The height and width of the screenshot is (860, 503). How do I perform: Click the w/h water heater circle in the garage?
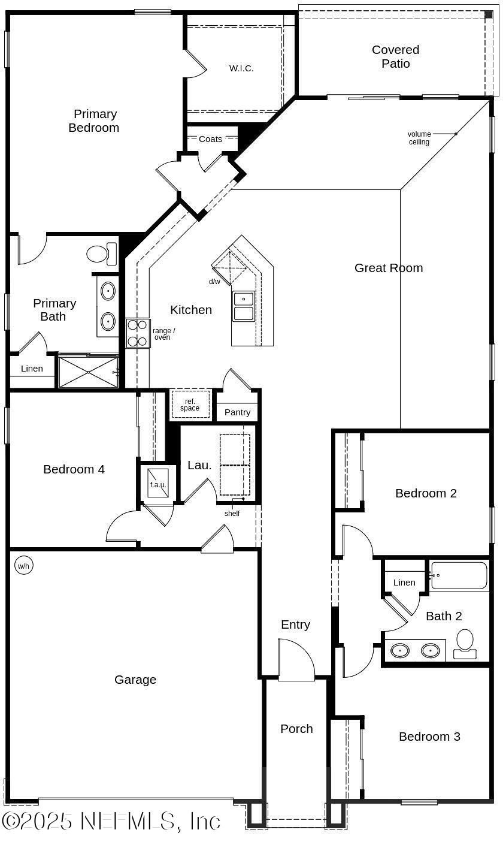[x=23, y=566]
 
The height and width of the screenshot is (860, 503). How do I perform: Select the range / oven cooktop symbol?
[x=138, y=333]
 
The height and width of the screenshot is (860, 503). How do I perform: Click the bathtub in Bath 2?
[x=459, y=575]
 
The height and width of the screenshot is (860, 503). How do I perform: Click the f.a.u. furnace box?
[x=158, y=484]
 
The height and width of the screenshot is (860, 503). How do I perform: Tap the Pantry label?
[x=237, y=412]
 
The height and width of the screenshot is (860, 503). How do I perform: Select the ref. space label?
[x=190, y=405]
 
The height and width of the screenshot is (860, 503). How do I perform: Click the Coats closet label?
[x=210, y=139]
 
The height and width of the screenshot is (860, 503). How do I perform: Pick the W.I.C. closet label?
[x=241, y=68]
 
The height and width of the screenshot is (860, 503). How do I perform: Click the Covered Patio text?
[x=395, y=56]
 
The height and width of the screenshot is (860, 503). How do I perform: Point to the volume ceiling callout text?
[x=419, y=138]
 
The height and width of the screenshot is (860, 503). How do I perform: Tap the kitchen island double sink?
[x=243, y=306]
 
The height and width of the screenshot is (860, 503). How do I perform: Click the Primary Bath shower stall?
[x=88, y=372]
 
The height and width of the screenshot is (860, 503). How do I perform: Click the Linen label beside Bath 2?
[x=404, y=583]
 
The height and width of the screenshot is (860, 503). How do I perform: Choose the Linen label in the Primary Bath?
[x=32, y=369]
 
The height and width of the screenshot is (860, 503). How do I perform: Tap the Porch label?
[x=296, y=729]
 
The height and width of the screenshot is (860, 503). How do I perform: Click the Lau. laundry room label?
[x=199, y=465]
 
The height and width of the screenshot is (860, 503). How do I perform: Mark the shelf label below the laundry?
[x=232, y=514]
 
